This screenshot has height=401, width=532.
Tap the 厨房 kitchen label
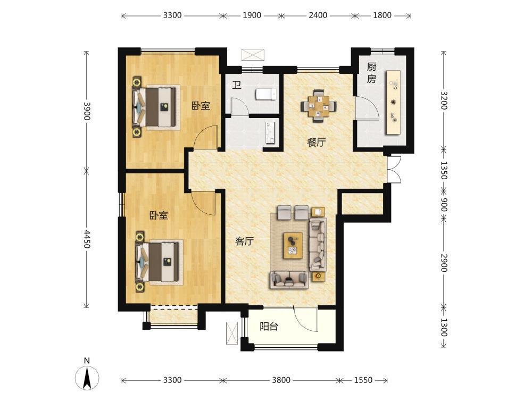tap(371, 73)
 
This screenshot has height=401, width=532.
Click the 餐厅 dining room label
tap(316, 143)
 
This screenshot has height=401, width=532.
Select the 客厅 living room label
tap(245, 241)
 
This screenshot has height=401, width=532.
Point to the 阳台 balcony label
tap(269, 327)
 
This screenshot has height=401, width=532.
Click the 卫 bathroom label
tap(237, 85)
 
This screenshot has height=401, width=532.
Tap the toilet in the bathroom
tap(266, 95)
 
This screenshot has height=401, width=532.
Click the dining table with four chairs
tap(319, 106)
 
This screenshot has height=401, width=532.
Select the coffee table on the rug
tap(294, 246)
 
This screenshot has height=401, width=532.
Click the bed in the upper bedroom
tap(155, 107)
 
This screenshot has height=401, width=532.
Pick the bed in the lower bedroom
tap(157, 262)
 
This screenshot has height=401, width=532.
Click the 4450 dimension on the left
tap(87, 239)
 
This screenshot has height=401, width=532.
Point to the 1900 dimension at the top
tap(252, 15)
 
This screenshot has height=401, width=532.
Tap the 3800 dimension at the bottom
tap(281, 380)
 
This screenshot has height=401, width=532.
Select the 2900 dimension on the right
tap(444, 263)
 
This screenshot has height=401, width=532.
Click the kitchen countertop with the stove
tap(393, 103)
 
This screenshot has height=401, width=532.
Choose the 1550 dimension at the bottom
tap(363, 380)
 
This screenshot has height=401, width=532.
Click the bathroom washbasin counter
tap(270, 132)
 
